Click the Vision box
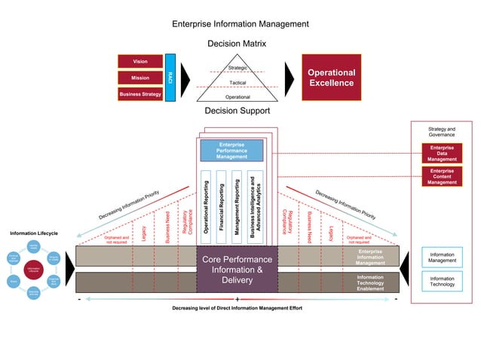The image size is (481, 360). click(140, 61)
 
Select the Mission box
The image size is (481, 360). click(140, 78)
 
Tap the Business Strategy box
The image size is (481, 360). click(140, 94)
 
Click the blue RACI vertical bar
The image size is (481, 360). click(170, 78)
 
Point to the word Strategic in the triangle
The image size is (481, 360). click(237, 69)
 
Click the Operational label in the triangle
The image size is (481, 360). click(237, 97)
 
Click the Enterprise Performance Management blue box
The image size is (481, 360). click(231, 150)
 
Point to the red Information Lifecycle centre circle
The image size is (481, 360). click(34, 269)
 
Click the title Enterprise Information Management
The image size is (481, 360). click(240, 24)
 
